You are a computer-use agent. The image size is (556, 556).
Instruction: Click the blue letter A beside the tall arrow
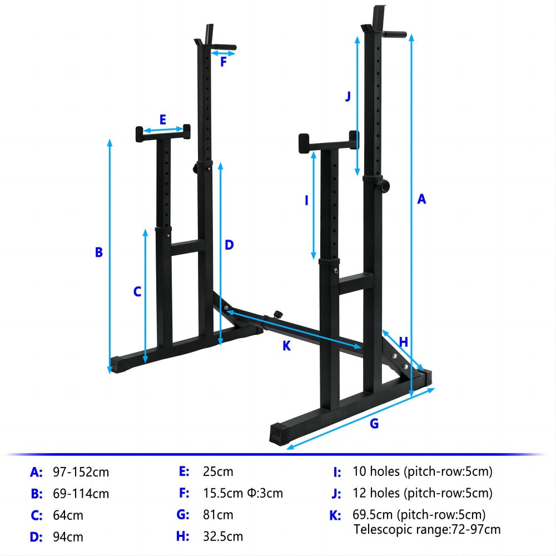pos(421,199)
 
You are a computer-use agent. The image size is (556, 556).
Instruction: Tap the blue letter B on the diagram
pos(99,252)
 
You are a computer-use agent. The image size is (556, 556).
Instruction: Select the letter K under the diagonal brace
pos(286,345)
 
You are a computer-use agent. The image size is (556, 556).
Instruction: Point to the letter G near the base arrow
pos(374,423)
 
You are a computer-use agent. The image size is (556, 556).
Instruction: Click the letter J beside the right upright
pos(348,96)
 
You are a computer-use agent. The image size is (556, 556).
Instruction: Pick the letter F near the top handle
pos(224,62)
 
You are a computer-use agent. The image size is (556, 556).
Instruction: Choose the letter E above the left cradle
pos(163,120)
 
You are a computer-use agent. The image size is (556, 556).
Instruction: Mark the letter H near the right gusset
pos(404,342)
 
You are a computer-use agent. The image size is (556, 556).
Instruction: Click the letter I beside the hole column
pos(306,201)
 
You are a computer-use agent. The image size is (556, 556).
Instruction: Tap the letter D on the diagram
pos(229,245)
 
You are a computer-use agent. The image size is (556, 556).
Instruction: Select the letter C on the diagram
pos(137,291)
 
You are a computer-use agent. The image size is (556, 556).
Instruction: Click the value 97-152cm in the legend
pos(81,473)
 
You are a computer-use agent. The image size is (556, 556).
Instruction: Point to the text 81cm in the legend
pos(218,515)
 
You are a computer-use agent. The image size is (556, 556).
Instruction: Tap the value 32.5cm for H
pos(222,537)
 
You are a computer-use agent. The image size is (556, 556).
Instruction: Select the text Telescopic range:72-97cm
pos(427,529)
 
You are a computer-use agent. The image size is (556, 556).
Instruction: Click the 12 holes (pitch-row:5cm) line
pos(423,493)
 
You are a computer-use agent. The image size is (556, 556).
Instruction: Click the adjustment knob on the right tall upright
pos(383,183)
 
